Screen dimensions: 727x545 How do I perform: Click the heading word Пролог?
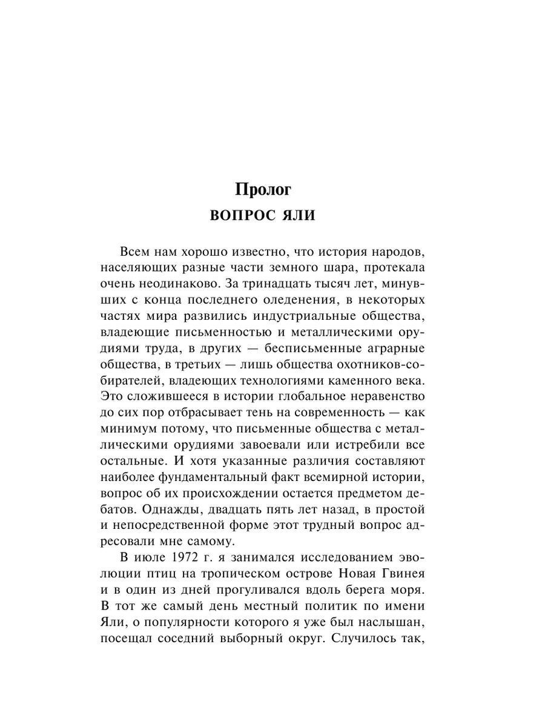(x=263, y=190)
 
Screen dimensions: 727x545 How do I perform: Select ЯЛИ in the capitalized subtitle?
(x=296, y=216)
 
